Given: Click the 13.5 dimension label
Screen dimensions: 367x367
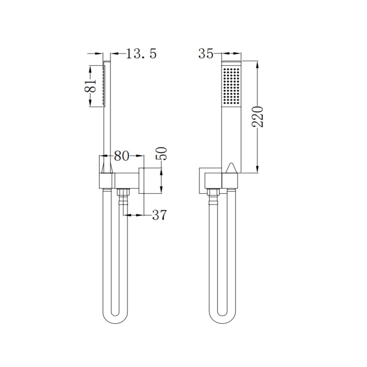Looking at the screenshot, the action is click(141, 54).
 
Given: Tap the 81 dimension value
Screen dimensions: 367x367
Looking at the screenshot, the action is click(90, 86).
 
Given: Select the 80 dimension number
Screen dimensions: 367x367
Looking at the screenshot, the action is click(121, 156).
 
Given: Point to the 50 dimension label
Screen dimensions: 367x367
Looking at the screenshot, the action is click(161, 154).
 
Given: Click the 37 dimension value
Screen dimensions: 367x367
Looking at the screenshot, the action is click(159, 215).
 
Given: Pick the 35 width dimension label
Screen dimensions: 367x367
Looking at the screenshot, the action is click(206, 54).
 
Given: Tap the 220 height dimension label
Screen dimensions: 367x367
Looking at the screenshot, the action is click(257, 117).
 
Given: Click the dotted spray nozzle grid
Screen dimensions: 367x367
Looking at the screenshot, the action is click(232, 86).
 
